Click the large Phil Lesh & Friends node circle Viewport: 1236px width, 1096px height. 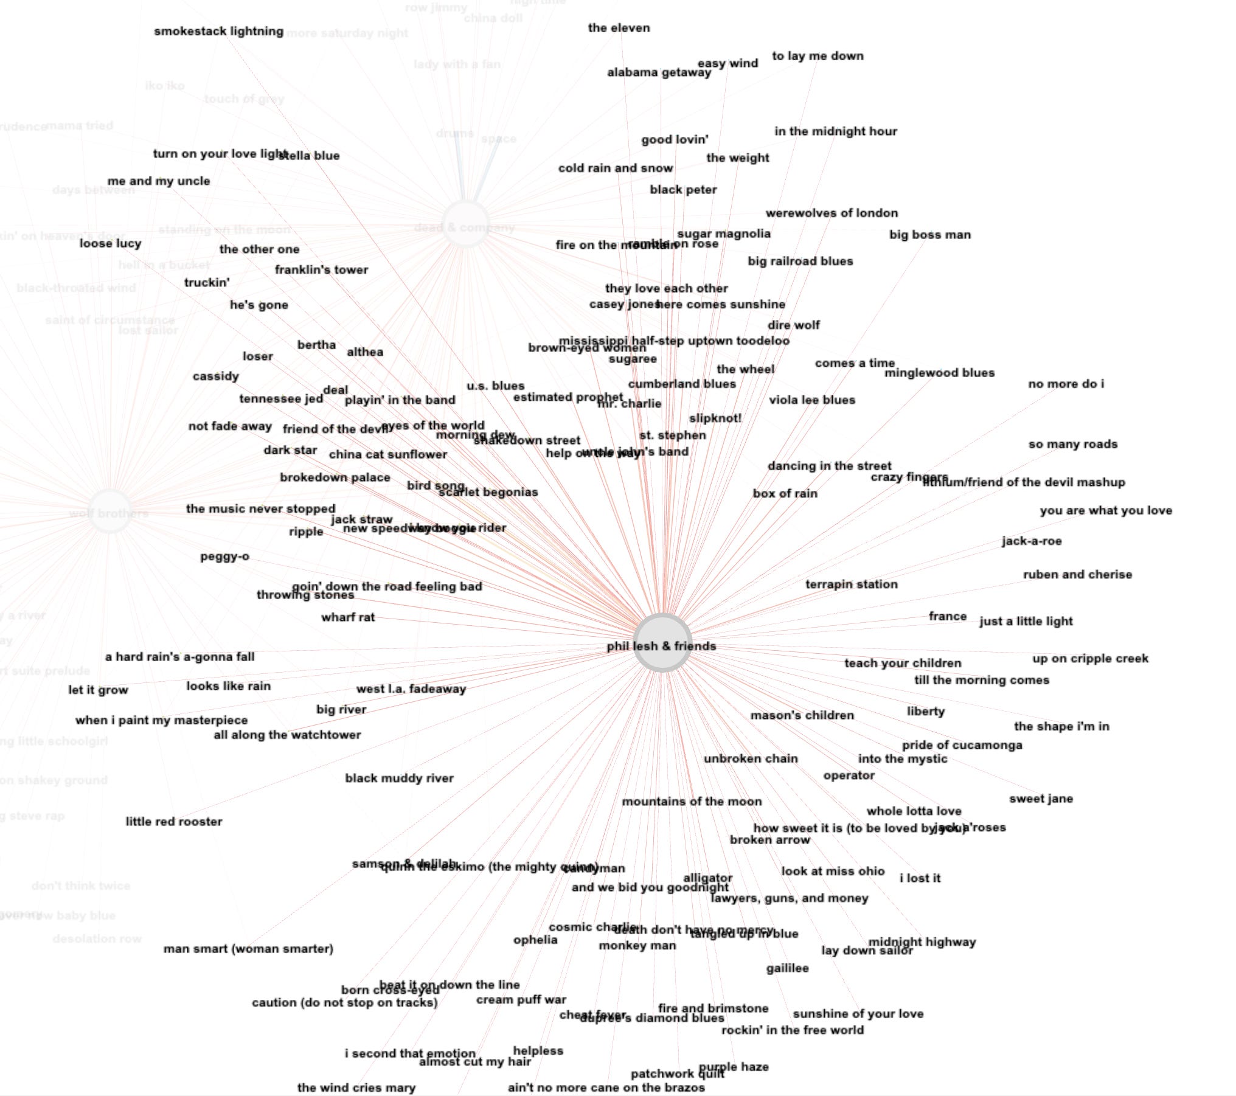coord(662,642)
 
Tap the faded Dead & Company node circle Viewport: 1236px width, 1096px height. coord(465,224)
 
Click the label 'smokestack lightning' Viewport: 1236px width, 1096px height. coord(218,31)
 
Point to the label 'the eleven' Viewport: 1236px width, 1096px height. coord(619,28)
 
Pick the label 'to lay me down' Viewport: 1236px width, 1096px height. coord(818,56)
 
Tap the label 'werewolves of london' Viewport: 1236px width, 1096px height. coord(832,213)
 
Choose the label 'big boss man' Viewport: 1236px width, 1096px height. coord(930,235)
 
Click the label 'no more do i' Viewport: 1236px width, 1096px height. coord(1066,384)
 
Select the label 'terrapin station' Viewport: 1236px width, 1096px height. coord(851,584)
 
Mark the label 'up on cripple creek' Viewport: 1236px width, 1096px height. coord(1090,659)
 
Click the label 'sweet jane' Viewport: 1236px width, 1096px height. coord(1041,799)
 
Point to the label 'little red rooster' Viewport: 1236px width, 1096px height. coord(174,822)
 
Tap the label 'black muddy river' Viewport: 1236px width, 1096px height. coord(399,778)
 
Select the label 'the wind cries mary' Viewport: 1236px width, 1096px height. coord(356,1087)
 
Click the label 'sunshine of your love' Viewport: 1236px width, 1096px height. coord(858,1014)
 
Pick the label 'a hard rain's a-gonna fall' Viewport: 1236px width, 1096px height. coord(179,657)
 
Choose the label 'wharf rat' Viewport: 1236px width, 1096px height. coord(348,617)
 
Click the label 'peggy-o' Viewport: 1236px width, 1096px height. coord(224,557)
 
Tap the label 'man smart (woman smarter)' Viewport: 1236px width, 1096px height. coord(248,949)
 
